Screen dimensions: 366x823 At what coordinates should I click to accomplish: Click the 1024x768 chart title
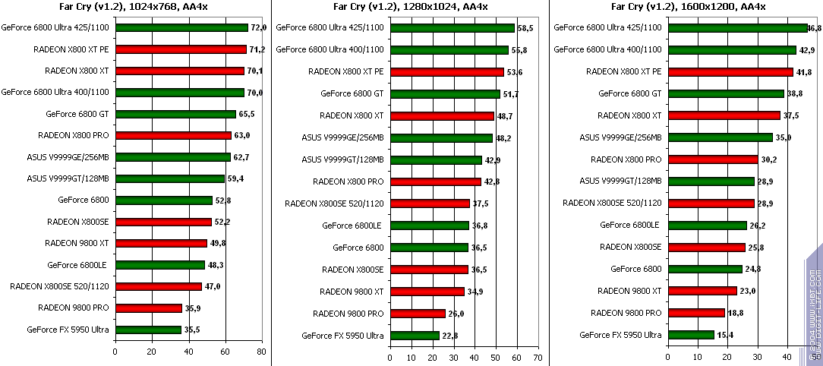pyautogui.click(x=135, y=8)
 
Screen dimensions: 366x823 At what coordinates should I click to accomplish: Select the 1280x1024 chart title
pyautogui.click(x=410, y=8)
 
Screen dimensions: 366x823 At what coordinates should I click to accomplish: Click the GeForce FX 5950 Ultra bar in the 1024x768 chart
pyautogui.click(x=148, y=330)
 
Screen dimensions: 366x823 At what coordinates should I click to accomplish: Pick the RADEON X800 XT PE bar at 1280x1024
pyautogui.click(x=447, y=72)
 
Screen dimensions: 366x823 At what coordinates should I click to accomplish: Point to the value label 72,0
pyautogui.click(x=260, y=28)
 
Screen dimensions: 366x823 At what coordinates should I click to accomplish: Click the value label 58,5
pyautogui.click(x=526, y=28)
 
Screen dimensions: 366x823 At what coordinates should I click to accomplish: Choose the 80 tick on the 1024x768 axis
pyautogui.click(x=261, y=352)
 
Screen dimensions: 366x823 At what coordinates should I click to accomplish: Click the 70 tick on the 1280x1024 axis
pyautogui.click(x=538, y=357)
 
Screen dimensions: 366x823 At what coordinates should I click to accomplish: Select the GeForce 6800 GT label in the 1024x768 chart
pyautogui.click(x=77, y=114)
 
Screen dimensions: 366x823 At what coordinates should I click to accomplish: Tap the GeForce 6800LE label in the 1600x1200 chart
pyautogui.click(x=630, y=225)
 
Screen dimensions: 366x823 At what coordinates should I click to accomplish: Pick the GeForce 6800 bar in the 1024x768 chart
pyautogui.click(x=164, y=200)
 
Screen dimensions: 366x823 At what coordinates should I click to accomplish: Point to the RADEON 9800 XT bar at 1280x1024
pyautogui.click(x=427, y=291)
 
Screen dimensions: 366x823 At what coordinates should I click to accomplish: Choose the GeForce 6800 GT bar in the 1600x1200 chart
pyautogui.click(x=726, y=94)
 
